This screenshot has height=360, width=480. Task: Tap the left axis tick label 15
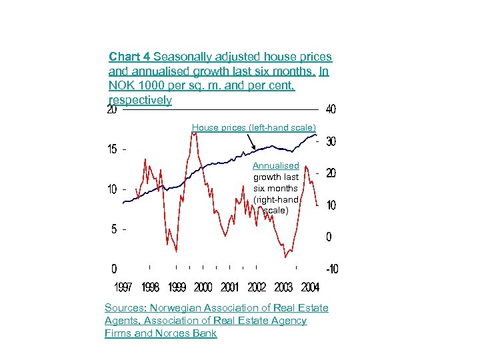pos(113,149)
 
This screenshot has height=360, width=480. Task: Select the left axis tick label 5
pos(114,229)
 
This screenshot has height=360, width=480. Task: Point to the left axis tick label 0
pos(114,269)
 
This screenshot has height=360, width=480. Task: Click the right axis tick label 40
pos(331,109)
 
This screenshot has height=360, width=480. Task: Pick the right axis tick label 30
pos(331,142)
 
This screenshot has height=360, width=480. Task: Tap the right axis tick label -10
pos(331,269)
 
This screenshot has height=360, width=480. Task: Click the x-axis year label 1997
pos(123,287)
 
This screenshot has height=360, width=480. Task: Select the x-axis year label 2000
pos(203,287)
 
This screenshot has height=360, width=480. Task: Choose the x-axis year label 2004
pos(310,287)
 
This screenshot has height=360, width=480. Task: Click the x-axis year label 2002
pos(257,287)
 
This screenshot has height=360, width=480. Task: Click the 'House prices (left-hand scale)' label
pos(254,127)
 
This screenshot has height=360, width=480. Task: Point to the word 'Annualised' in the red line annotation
pos(276,165)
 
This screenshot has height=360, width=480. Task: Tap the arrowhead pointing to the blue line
pos(253,149)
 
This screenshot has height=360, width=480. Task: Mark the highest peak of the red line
pos(194,133)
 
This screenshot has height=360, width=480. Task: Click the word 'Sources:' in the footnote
pos(125,308)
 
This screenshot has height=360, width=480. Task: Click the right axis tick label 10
pos(331,205)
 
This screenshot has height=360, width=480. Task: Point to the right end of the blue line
pos(317,135)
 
